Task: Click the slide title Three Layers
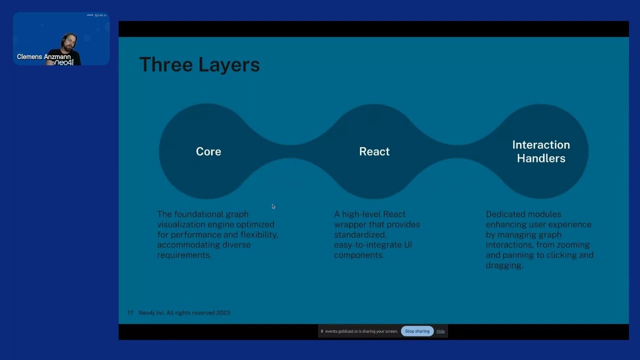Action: [x=199, y=65]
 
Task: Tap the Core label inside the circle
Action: [x=208, y=151]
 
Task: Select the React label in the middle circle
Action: [x=374, y=151]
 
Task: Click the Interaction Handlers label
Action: [x=541, y=151]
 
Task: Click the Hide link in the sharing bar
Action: [x=440, y=331]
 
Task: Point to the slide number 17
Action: [x=130, y=313]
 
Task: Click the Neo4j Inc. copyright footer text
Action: [x=184, y=313]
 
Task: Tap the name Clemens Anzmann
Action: [x=43, y=56]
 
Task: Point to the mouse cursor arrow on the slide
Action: [x=273, y=206]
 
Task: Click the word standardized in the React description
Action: [x=359, y=234]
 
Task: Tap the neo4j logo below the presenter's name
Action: [x=63, y=63]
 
